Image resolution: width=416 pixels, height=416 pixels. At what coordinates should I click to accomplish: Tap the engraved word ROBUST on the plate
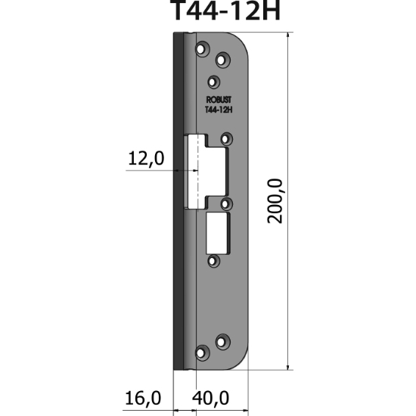[x=218, y=99]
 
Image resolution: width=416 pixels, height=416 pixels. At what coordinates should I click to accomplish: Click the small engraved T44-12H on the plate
[x=218, y=109]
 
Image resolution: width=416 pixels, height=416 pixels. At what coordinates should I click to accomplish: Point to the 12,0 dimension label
[x=146, y=159]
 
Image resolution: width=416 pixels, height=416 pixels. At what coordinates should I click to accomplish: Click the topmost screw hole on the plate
[x=202, y=48]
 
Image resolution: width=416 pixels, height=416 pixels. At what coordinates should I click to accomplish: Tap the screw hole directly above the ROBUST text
[x=213, y=80]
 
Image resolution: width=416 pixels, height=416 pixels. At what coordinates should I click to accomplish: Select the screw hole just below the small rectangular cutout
[x=213, y=261]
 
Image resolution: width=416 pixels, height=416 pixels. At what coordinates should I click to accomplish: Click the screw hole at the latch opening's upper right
[x=226, y=138]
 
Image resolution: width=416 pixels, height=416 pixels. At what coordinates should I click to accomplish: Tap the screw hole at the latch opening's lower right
[x=226, y=203]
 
